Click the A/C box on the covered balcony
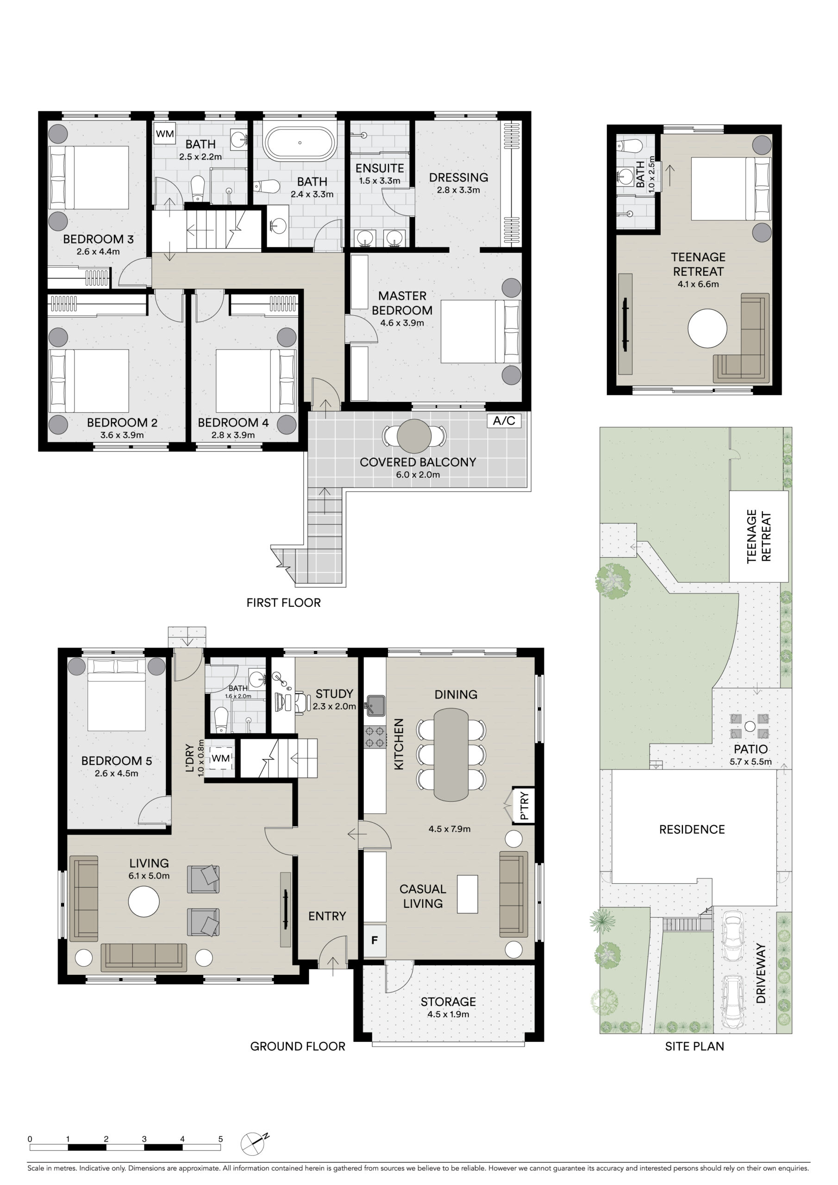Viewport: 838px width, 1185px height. coord(504,421)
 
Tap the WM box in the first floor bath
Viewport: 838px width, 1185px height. coord(165,134)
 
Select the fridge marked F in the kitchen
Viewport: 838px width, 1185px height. coord(375,940)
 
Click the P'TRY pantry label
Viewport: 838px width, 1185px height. coord(524,805)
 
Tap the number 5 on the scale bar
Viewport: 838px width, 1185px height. coord(220,1139)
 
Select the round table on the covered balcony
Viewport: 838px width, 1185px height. coord(413,436)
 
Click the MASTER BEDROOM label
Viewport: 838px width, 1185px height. coord(402,303)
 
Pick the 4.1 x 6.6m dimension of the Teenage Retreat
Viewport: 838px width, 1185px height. coord(698,284)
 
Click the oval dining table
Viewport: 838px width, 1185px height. coord(451,755)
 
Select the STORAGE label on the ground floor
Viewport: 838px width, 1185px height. coord(448,1002)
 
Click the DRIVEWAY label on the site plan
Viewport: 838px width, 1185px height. coord(761,973)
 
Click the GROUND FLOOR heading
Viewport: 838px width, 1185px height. coord(297,1046)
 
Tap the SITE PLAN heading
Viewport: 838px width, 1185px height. coord(694,1046)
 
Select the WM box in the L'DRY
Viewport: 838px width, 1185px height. coord(220,758)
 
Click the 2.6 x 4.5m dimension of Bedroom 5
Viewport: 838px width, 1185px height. coord(116,773)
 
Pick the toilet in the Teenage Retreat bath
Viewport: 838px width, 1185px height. coord(628,146)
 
